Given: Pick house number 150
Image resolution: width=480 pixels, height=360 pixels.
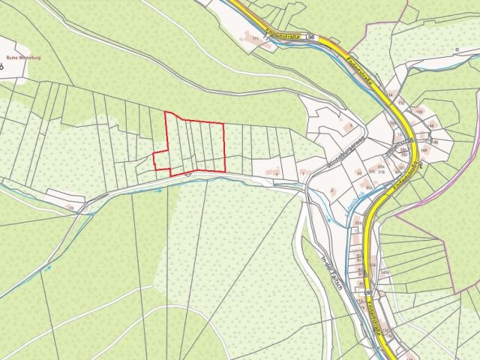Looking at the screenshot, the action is (419, 112).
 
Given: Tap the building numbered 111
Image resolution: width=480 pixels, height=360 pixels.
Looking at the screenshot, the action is (256, 38).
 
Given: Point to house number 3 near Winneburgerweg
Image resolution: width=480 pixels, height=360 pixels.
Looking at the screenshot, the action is (349, 126).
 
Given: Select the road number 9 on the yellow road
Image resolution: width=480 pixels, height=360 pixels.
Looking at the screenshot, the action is (368, 292).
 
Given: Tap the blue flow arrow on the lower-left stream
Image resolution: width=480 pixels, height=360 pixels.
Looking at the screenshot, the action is (49, 267).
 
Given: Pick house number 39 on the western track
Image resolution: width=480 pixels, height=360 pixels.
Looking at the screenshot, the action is (71, 206).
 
